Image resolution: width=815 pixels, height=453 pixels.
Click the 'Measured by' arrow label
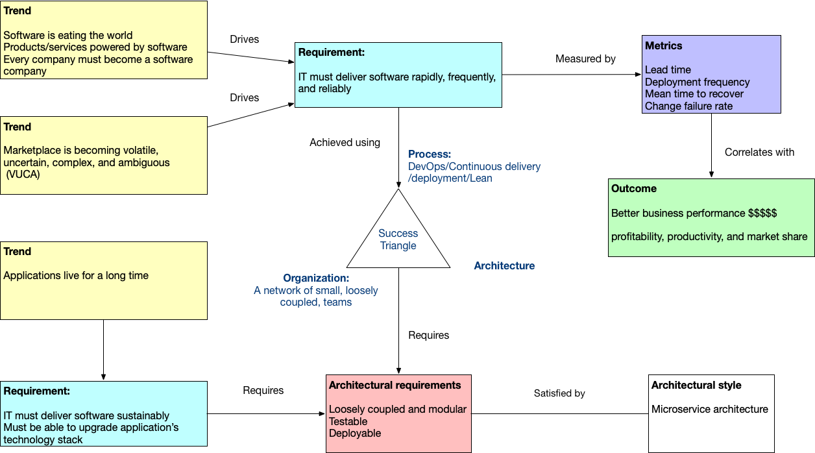[x=585, y=59]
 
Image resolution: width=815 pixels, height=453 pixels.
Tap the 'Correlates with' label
[x=759, y=152]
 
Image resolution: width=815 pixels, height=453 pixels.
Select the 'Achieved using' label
[x=345, y=143]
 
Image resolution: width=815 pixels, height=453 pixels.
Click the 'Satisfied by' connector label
[x=559, y=393]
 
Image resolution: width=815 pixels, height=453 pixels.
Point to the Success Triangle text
[x=398, y=239]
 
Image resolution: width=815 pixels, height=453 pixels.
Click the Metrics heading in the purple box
[x=663, y=46]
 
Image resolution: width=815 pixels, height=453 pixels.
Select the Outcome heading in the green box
[x=634, y=188]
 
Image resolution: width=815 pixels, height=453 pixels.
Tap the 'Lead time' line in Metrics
[x=668, y=70]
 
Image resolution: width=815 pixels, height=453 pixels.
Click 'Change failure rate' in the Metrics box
[x=688, y=106]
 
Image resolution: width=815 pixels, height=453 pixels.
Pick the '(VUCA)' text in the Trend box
[x=23, y=175]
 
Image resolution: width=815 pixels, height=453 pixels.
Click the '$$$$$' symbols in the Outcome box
[x=762, y=214]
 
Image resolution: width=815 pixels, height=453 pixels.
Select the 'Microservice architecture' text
[x=709, y=410]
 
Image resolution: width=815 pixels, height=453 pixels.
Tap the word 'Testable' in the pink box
[x=348, y=421]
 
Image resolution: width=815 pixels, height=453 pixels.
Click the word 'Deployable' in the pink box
[x=355, y=434]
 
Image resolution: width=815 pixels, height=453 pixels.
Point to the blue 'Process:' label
[x=430, y=154]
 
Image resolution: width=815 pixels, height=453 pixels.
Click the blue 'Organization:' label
[x=316, y=278]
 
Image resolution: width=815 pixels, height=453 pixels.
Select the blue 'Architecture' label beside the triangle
[x=504, y=266]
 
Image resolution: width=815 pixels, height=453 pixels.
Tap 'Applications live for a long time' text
[x=76, y=276]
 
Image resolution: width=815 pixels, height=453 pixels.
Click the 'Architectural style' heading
[x=696, y=386]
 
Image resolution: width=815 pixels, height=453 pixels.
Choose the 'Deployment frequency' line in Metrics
[x=697, y=82]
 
